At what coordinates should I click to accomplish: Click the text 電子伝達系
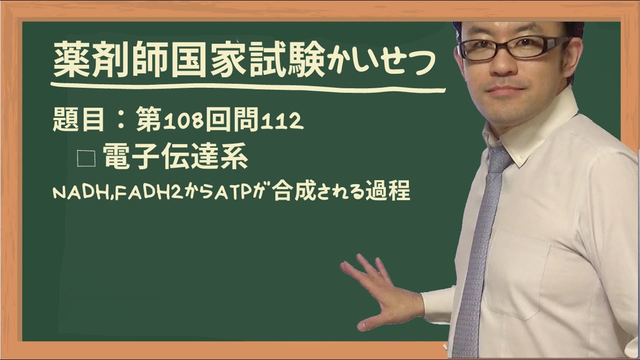[175, 157]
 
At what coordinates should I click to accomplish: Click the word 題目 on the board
[78, 121]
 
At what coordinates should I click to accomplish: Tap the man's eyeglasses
[512, 47]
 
